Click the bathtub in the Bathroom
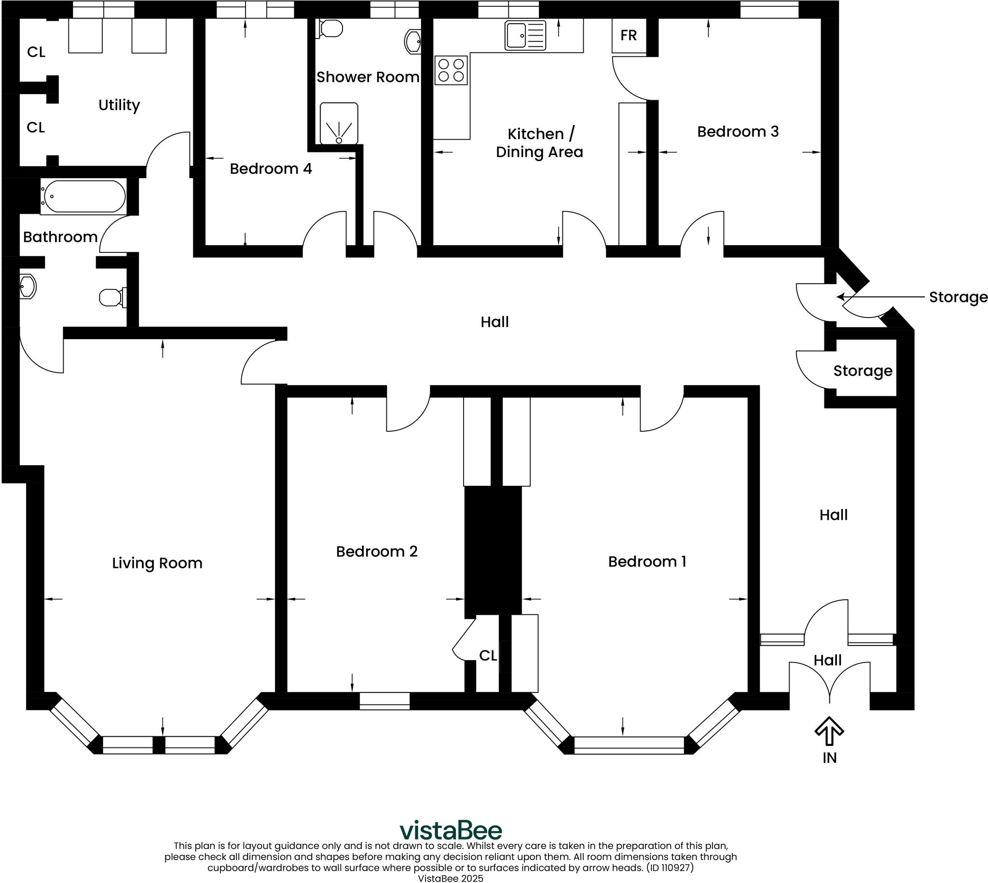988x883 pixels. pos(83,196)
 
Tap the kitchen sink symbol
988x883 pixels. pos(525,35)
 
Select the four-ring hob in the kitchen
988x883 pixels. pos(451,70)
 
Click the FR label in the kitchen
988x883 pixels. pos(628,35)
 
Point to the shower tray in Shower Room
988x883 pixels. pos(339,123)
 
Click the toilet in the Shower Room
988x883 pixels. pos(331,28)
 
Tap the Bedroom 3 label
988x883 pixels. pos(737,131)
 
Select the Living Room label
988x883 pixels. pos(157,563)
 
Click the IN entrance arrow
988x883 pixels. pos(829,731)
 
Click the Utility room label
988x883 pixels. pos(119,105)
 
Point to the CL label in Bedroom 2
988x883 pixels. pos(487,655)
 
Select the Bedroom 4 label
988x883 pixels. pos(270,169)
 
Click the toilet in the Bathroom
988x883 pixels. pos(112,297)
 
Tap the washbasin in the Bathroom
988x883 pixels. pos(27,286)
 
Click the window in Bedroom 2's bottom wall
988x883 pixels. pos(384,701)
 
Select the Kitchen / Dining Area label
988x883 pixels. pos(539,143)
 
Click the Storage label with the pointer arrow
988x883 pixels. pos(958,297)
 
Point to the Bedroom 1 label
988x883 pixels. pos(646,561)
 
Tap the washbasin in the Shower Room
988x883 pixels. pos(412,41)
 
